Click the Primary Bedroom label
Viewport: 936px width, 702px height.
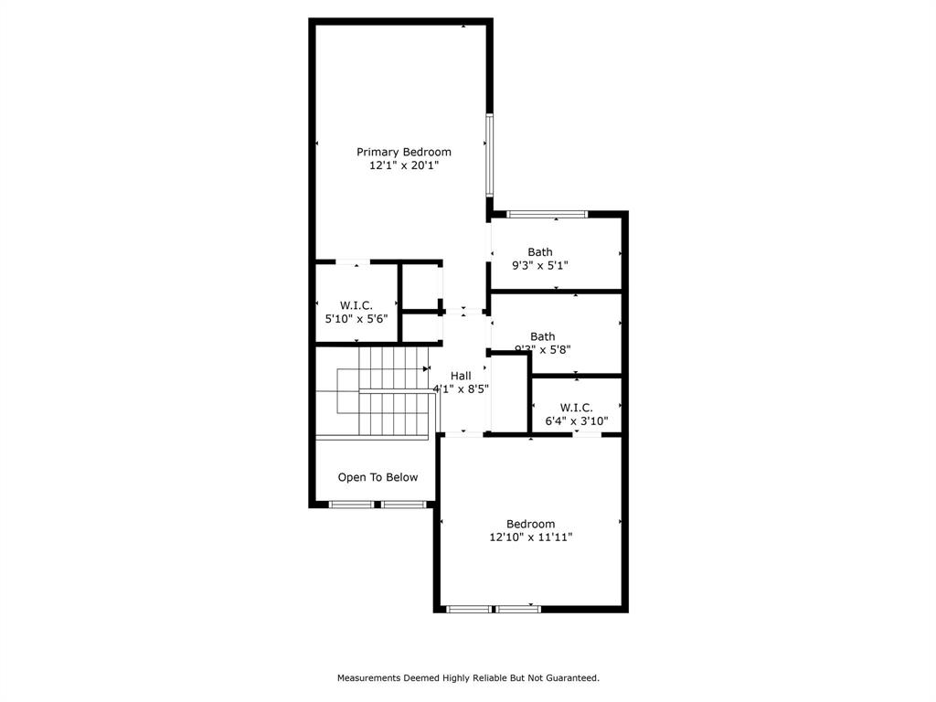click(x=403, y=152)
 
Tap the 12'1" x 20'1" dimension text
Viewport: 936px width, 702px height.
click(x=403, y=165)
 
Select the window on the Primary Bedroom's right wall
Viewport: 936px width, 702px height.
click(x=490, y=154)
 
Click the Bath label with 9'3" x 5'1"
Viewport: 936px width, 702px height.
click(x=539, y=252)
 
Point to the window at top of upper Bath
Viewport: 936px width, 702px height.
click(x=548, y=214)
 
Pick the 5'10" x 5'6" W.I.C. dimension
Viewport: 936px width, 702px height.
click(x=356, y=319)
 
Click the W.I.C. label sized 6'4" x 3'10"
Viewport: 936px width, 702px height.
click(x=576, y=408)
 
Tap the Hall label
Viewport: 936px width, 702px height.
click(x=461, y=376)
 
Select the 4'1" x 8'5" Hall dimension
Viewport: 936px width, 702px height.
click(x=461, y=388)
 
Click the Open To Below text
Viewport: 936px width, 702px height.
click(x=378, y=477)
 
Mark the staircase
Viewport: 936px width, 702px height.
click(x=384, y=391)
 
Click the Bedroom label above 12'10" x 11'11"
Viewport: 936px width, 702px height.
click(x=530, y=524)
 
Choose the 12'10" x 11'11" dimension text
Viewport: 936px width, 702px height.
click(x=530, y=537)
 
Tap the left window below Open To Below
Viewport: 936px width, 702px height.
click(x=351, y=504)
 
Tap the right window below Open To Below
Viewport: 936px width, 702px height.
click(x=403, y=504)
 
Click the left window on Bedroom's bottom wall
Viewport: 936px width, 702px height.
click(x=469, y=609)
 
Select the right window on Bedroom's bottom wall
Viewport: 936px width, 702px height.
click(x=517, y=609)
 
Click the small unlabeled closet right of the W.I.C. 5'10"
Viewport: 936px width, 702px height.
click(x=421, y=287)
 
